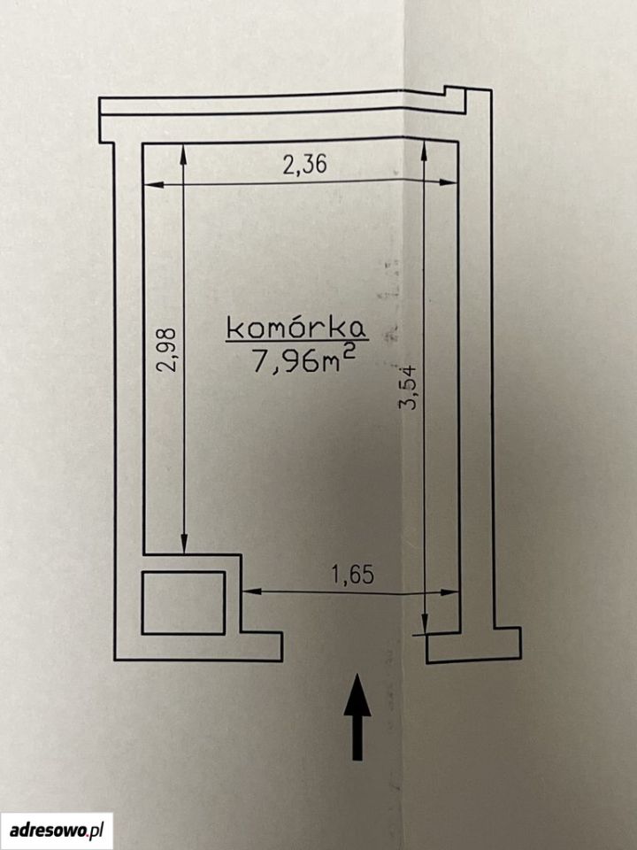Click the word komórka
(296, 328)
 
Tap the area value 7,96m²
(303, 360)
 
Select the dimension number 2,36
(305, 165)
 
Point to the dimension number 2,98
(167, 349)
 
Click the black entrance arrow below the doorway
(357, 716)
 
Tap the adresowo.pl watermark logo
(57, 830)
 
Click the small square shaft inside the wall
(183, 602)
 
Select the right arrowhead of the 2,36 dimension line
(449, 182)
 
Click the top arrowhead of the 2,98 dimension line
(183, 154)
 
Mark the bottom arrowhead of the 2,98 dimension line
(184, 544)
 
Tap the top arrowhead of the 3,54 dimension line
(424, 151)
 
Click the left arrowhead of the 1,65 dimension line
(252, 591)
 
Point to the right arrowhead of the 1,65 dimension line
(449, 592)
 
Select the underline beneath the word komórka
(297, 340)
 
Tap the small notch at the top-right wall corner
(455, 90)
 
